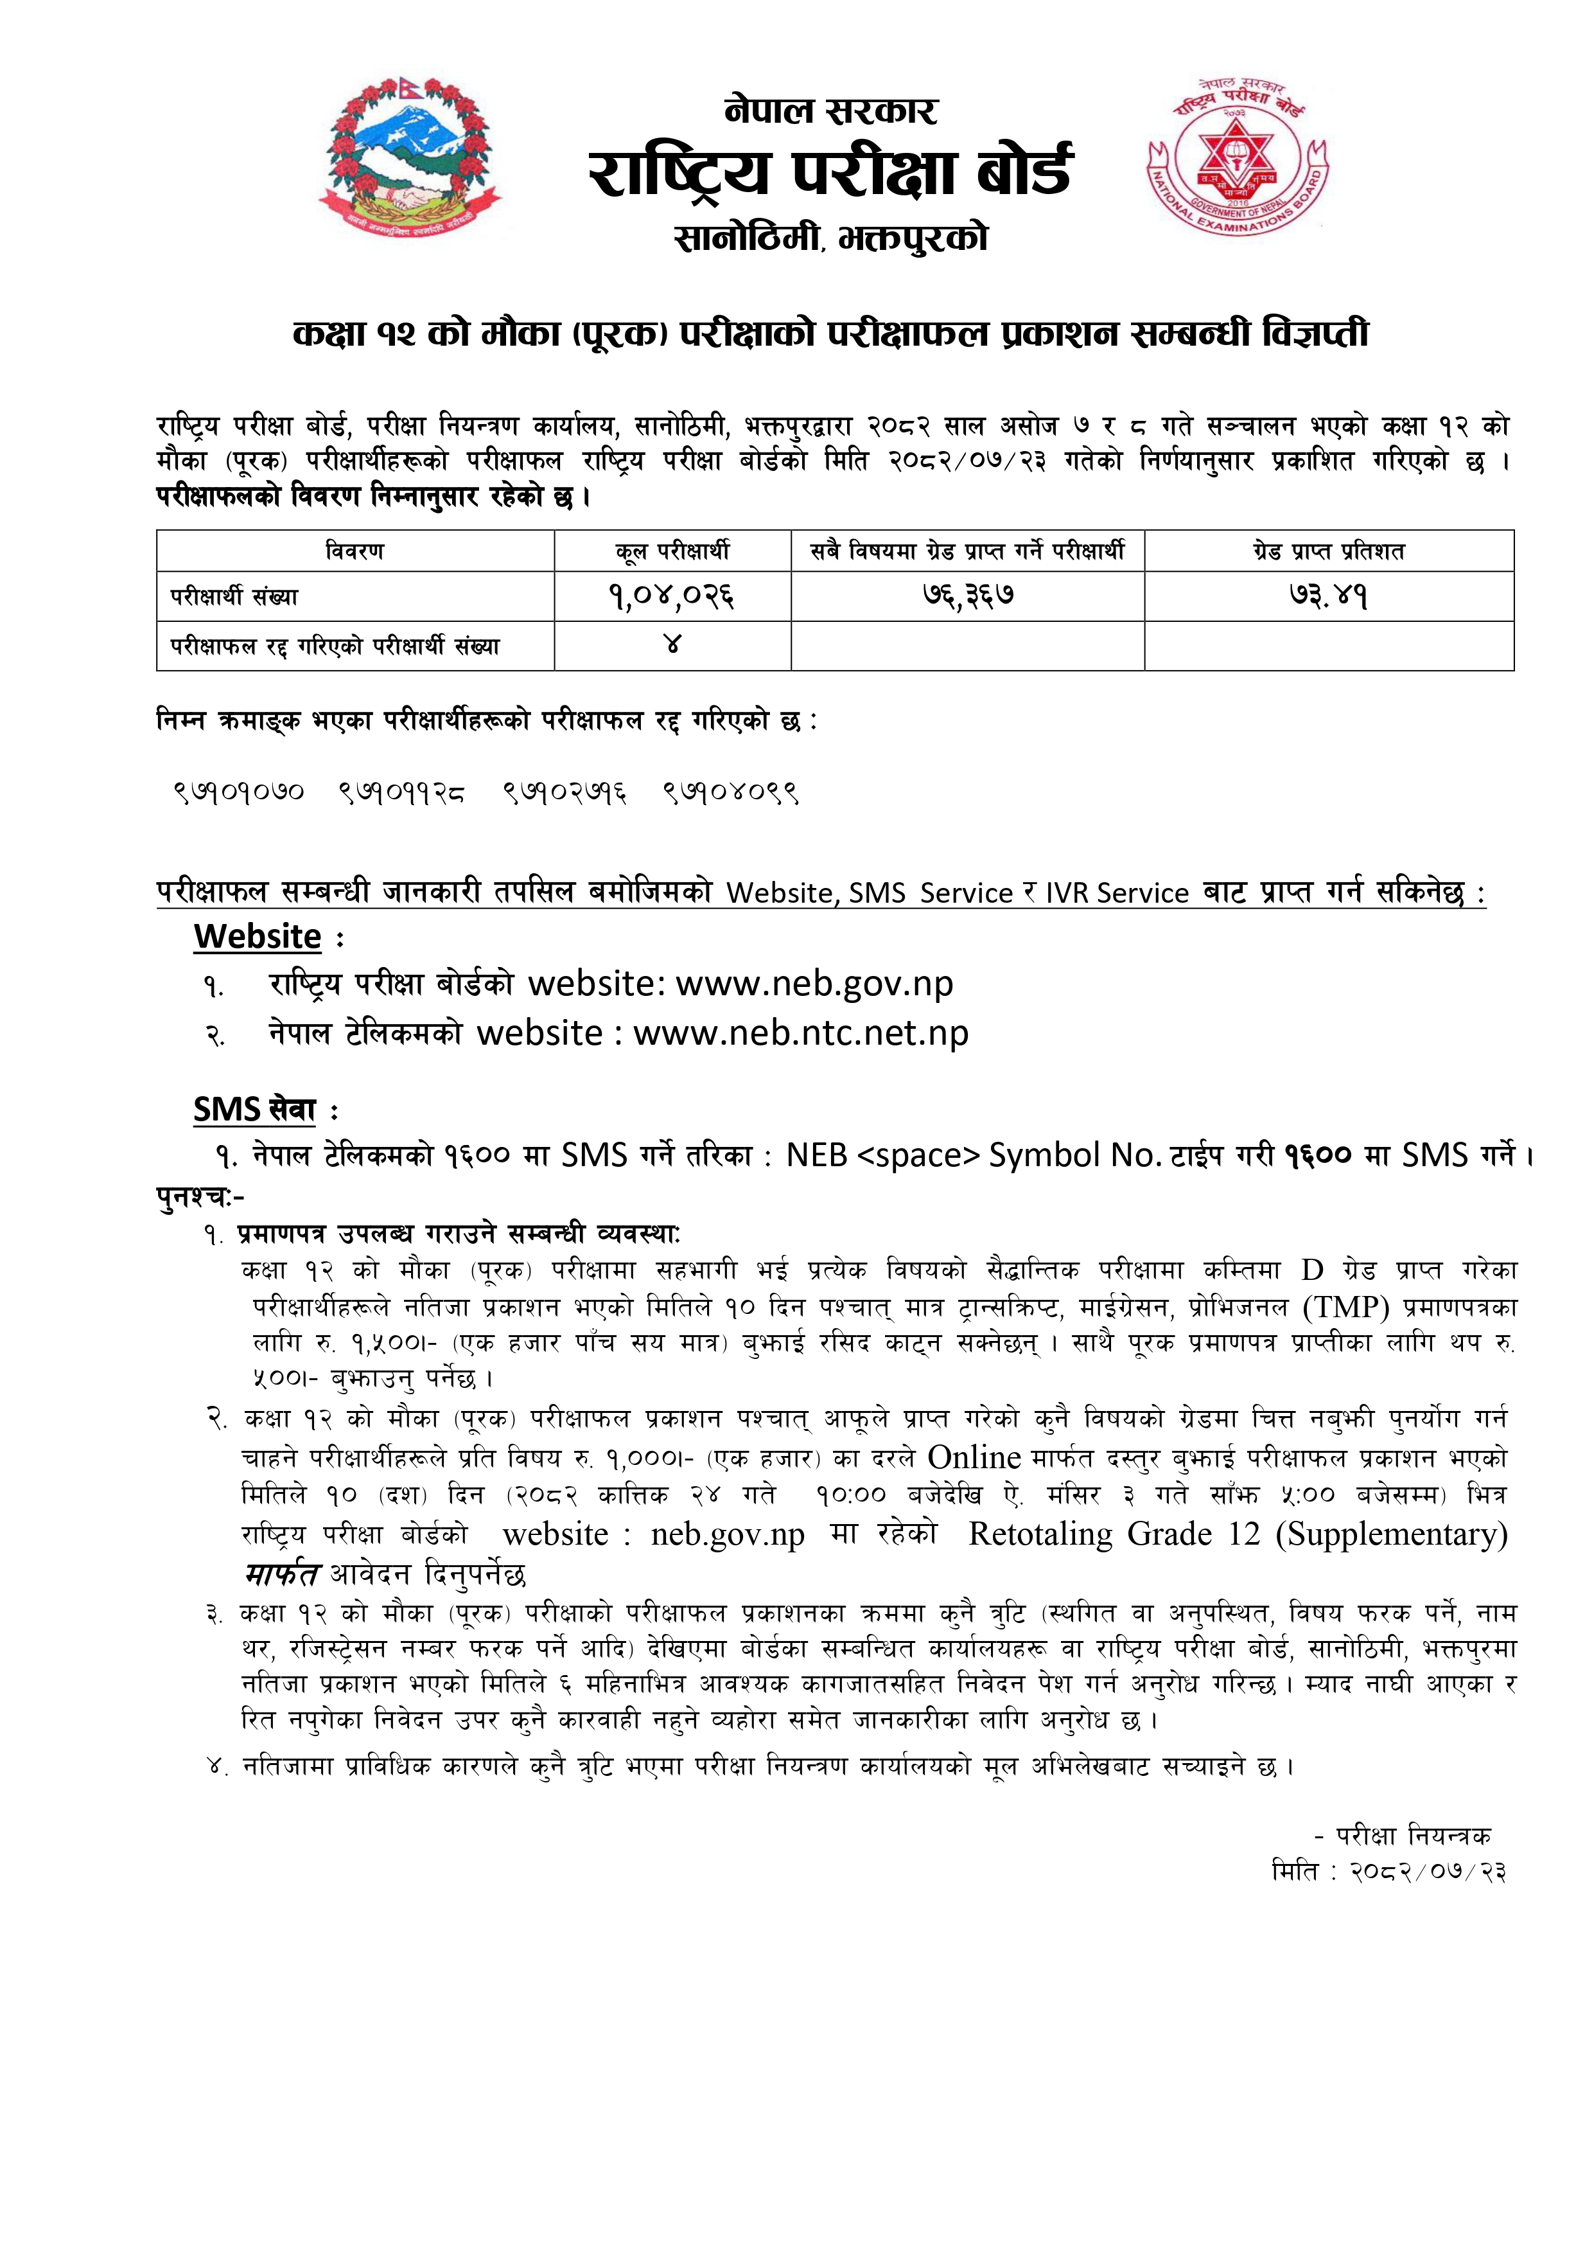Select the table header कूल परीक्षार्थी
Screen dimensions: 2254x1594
[x=672, y=552]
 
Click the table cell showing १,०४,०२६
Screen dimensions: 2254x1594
[x=672, y=596]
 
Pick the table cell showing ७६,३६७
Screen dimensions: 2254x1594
[x=968, y=596]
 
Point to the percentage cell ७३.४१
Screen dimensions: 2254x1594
[x=1329, y=596]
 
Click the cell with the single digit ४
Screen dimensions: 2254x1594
[x=672, y=645]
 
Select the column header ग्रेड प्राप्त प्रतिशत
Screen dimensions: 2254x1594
[x=1329, y=552]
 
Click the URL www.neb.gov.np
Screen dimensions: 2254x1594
[x=815, y=984]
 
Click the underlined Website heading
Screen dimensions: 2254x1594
[x=257, y=937]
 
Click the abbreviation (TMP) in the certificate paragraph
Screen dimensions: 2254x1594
[x=1345, y=1308]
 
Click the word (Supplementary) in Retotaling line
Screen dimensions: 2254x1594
[x=1391, y=1534]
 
